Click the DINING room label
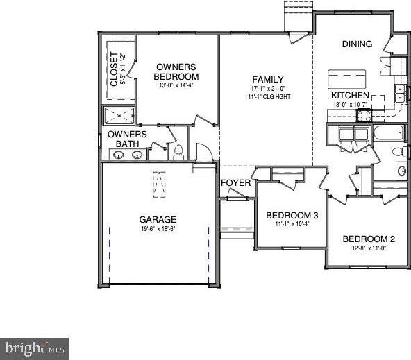(x=357, y=44)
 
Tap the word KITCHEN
(x=349, y=95)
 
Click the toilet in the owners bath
(x=178, y=152)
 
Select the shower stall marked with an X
(x=119, y=115)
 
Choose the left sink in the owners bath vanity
(x=119, y=155)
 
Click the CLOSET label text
(x=115, y=69)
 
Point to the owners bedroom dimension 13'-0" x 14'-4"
(x=176, y=86)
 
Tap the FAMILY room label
(x=267, y=79)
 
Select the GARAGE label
(x=158, y=219)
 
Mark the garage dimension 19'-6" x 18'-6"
(x=158, y=229)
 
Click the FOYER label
(x=235, y=183)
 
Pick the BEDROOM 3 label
(x=292, y=215)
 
